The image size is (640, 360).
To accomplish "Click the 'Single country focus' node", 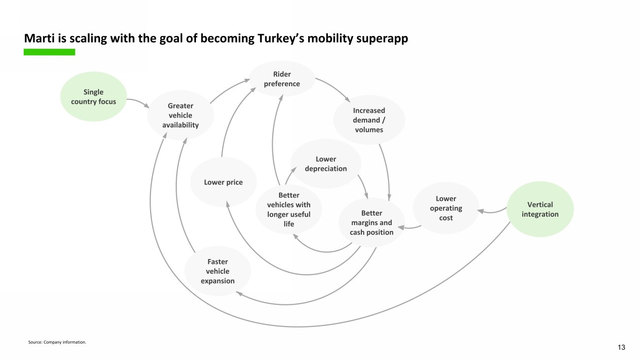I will (x=94, y=97).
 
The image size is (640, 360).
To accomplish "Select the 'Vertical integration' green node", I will (x=540, y=209).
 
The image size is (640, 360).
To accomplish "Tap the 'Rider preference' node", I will (x=282, y=79).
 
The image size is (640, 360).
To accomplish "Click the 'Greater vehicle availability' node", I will (x=181, y=115).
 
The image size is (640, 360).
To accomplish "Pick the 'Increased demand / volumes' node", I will (x=369, y=120).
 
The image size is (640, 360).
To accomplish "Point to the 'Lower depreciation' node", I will (x=325, y=164).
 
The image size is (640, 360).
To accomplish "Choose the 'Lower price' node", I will (x=223, y=182).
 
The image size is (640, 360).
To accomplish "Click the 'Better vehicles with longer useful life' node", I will (x=288, y=210).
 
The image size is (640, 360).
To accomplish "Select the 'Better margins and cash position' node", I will (x=372, y=223).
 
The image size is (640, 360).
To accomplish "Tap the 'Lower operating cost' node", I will (x=446, y=208).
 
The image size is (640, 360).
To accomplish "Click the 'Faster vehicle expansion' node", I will (x=218, y=271).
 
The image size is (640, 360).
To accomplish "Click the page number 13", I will (x=621, y=348).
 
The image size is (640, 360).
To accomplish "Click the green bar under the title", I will (x=49, y=52).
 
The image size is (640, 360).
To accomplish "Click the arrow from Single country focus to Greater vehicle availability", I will (x=138, y=101).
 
